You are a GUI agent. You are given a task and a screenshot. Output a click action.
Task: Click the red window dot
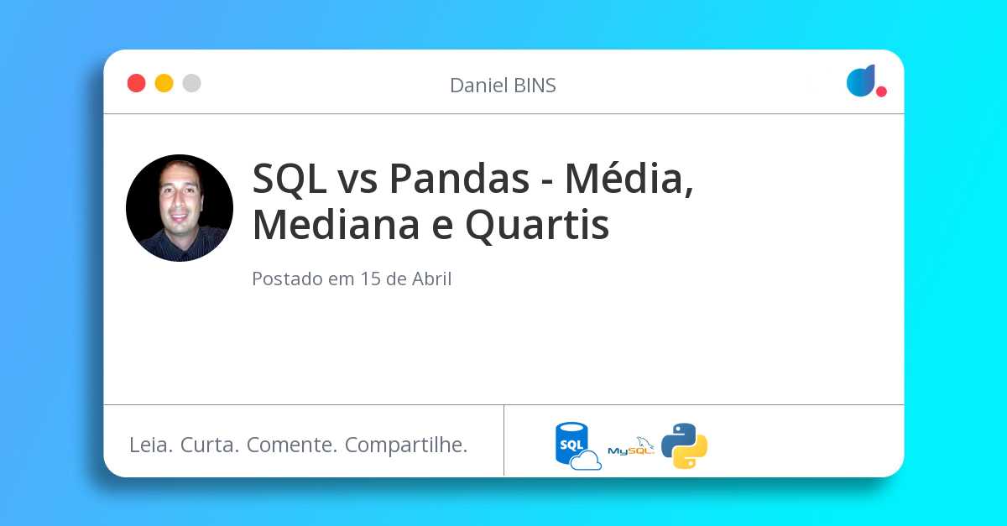[136, 83]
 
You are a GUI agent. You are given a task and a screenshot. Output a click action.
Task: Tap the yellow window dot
[164, 83]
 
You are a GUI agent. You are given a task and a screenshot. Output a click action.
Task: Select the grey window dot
[191, 83]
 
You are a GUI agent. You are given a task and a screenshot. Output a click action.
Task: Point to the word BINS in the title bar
[534, 86]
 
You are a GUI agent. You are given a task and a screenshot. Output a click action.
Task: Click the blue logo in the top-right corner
[861, 81]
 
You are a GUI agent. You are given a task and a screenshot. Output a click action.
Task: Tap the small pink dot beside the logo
[881, 91]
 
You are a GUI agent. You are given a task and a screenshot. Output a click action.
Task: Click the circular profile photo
[180, 208]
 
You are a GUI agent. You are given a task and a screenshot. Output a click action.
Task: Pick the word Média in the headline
[629, 178]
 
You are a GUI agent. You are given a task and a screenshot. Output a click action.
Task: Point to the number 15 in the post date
[370, 279]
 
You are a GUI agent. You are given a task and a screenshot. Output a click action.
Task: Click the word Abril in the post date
[431, 279]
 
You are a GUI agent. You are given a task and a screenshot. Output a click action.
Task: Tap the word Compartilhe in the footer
[406, 445]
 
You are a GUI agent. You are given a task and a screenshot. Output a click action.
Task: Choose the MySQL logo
[630, 446]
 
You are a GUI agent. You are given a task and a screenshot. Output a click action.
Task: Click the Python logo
[684, 445]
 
